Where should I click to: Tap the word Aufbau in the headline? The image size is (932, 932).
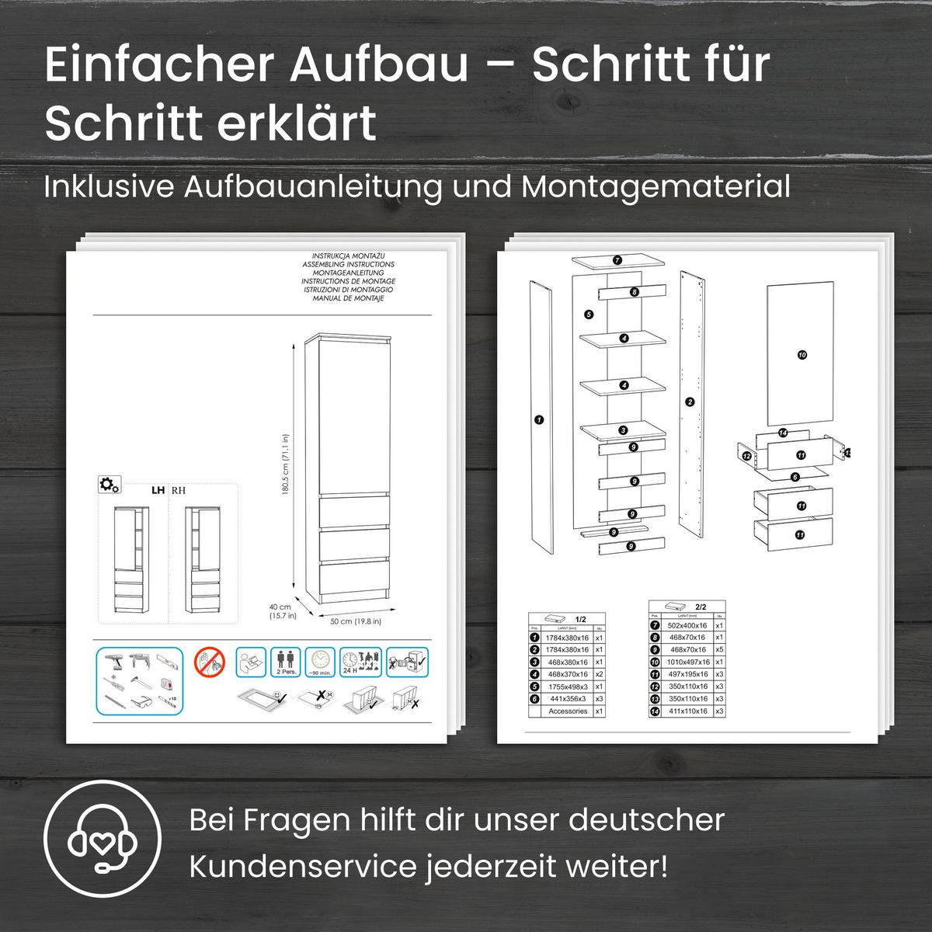coord(380,64)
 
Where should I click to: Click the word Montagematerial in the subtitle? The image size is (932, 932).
coord(656,187)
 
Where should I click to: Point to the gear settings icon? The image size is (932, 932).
coord(109,485)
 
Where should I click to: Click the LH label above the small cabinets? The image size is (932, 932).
coord(158,491)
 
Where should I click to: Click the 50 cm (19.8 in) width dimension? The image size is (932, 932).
coord(355,621)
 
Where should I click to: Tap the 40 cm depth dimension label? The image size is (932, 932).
coord(280,611)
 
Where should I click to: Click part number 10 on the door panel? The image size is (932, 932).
coord(802,355)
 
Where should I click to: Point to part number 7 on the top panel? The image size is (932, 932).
coord(617,260)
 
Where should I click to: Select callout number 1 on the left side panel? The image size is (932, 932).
coord(539,420)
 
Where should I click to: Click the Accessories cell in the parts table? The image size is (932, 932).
coord(567,711)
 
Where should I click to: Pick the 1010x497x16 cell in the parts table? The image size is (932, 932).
coord(688,662)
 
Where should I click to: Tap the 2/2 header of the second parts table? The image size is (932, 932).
coord(701,607)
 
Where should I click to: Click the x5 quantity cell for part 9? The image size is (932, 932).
coord(719,649)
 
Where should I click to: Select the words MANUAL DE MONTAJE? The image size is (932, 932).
coord(348,298)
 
